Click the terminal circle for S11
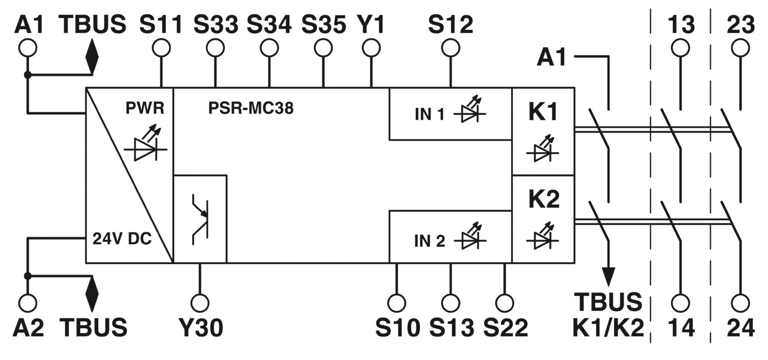coord(161,48)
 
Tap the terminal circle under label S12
coord(451,48)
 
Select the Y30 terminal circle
coord(200,303)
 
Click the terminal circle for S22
coord(504,303)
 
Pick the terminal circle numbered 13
coord(680,48)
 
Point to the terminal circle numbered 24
coord(740,303)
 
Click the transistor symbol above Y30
coord(200,219)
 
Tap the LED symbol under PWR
coord(145,144)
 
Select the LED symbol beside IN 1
coord(470,110)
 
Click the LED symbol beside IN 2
coord(470,237)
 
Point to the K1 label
coord(543,112)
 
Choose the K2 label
coord(544,199)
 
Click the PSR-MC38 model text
coord(251,108)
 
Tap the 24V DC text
coord(122,239)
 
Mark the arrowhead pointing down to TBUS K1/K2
coord(609,277)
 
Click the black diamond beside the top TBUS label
coord(92,57)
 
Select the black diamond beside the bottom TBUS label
coord(92,294)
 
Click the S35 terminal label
coord(324,25)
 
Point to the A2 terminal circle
coord(28,303)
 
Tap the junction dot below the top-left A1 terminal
coord(28,74)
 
